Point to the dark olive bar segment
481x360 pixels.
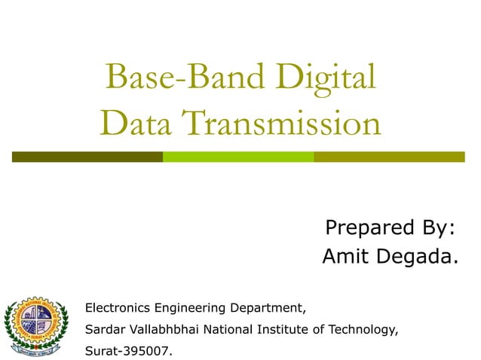[87, 157]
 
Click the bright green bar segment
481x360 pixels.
[238, 157]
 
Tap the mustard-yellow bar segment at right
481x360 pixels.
[389, 157]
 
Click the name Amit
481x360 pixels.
[346, 258]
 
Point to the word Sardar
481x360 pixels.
[104, 329]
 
